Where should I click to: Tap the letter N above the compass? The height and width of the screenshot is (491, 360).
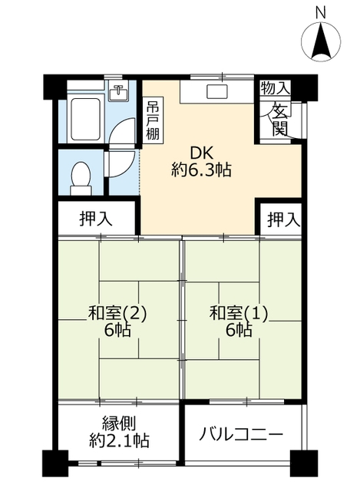(321, 11)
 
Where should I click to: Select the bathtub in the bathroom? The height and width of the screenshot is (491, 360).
(81, 115)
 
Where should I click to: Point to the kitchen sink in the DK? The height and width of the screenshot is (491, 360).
(216, 92)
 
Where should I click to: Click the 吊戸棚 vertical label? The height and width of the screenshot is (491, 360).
(153, 120)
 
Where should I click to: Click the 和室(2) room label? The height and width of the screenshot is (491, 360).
(117, 313)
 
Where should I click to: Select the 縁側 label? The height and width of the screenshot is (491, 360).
(119, 423)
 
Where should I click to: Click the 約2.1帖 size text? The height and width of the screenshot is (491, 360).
(119, 441)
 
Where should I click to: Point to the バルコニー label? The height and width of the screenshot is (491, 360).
(241, 434)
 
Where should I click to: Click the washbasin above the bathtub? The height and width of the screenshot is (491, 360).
(117, 91)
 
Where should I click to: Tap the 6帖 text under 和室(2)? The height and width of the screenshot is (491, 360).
(117, 331)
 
